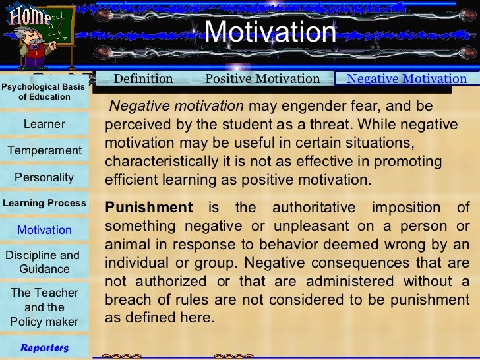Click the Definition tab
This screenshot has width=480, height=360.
(143, 79)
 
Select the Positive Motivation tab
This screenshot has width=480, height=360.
(262, 79)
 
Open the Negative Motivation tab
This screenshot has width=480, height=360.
(407, 79)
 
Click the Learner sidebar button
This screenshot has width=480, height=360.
(44, 124)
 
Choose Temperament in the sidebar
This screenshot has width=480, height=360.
(44, 150)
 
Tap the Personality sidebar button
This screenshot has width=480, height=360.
(44, 177)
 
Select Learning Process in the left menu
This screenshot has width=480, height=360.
(44, 203)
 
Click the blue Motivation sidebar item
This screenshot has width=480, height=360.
(44, 230)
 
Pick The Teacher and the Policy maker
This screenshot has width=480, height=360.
(44, 307)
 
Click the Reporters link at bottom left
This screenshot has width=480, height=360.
(44, 347)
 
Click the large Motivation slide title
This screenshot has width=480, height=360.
(270, 32)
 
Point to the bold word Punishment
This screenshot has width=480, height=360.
(149, 208)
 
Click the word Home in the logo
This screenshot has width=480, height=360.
(30, 15)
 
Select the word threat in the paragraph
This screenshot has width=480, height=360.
(301, 125)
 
